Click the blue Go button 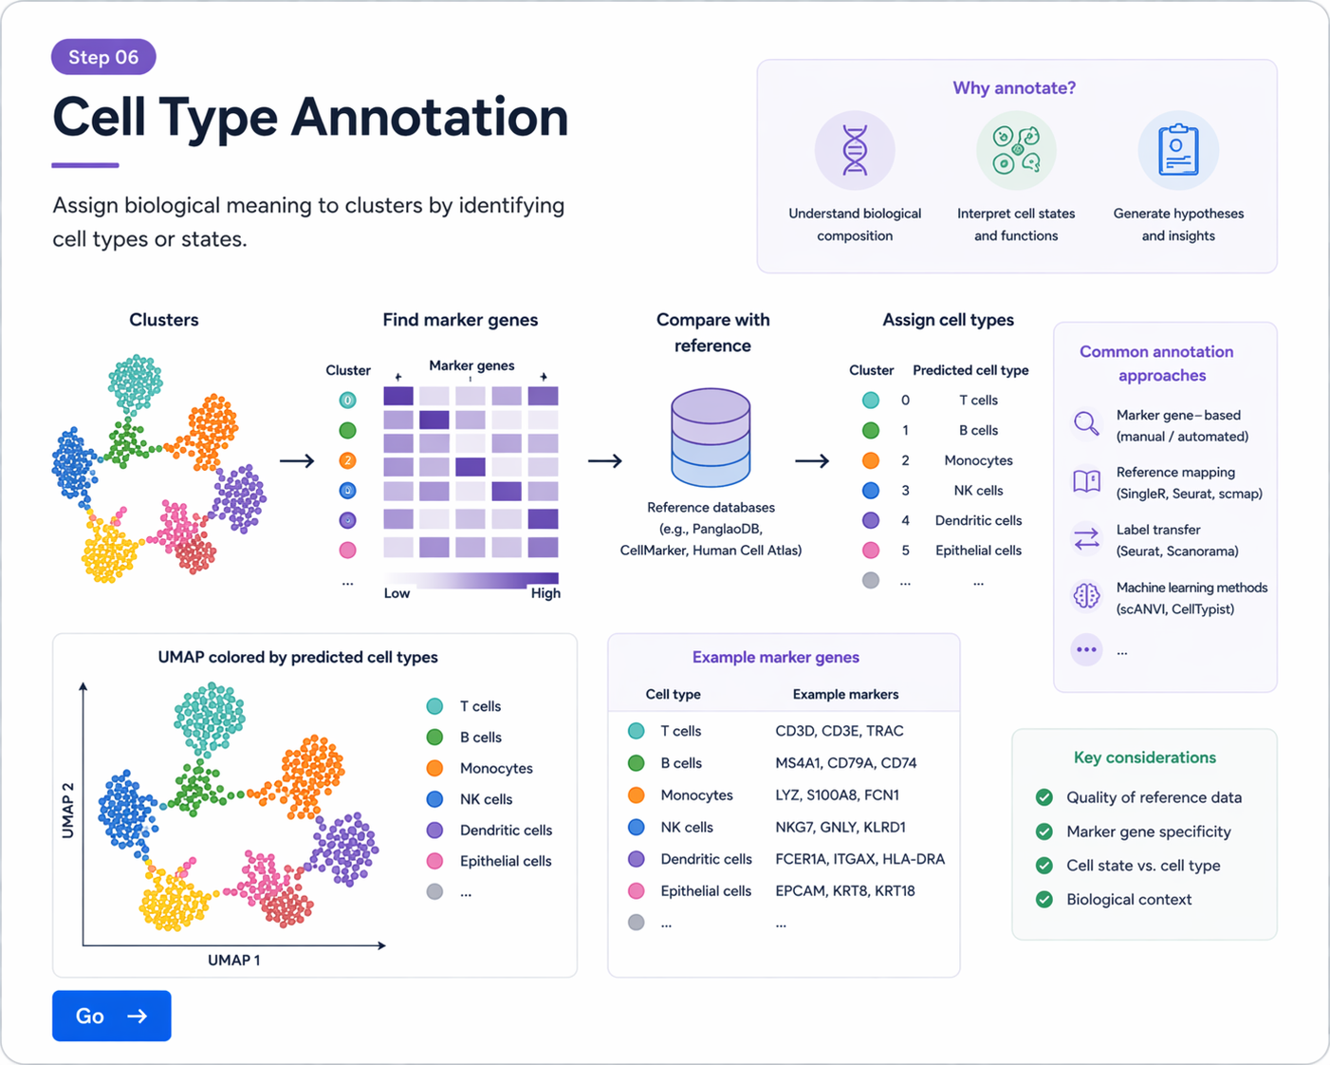click(111, 1016)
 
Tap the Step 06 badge click(103, 57)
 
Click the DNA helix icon click(855, 151)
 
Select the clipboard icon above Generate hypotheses click(1177, 151)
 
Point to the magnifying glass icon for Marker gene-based click(1086, 423)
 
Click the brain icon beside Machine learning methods click(1086, 596)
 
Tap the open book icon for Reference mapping click(1086, 481)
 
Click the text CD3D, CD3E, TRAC click(839, 731)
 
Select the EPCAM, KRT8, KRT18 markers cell click(844, 890)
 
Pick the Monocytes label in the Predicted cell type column click(978, 460)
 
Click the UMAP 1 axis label click(233, 960)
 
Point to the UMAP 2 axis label click(68, 810)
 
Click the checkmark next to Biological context click(1044, 899)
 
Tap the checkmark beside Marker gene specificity click(1044, 831)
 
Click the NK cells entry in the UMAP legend click(485, 799)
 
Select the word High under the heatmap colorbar click(545, 593)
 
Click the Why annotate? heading click(1014, 88)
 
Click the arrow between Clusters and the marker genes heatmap click(297, 461)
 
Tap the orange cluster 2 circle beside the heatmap click(348, 460)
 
